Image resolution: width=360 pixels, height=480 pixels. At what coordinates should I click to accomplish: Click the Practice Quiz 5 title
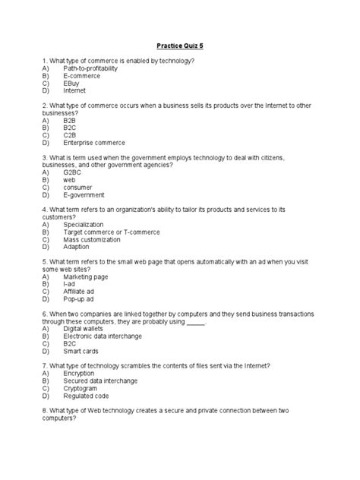point(179,45)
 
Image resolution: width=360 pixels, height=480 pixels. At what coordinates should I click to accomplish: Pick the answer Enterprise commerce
point(95,142)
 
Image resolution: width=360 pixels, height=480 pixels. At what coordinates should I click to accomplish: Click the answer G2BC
point(74,172)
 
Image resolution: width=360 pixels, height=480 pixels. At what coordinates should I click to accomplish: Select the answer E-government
point(85,194)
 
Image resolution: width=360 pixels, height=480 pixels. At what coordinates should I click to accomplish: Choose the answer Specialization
point(85,224)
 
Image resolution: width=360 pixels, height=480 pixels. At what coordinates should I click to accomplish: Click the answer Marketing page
point(88,276)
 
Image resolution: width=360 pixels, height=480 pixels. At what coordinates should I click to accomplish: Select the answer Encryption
point(81,373)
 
